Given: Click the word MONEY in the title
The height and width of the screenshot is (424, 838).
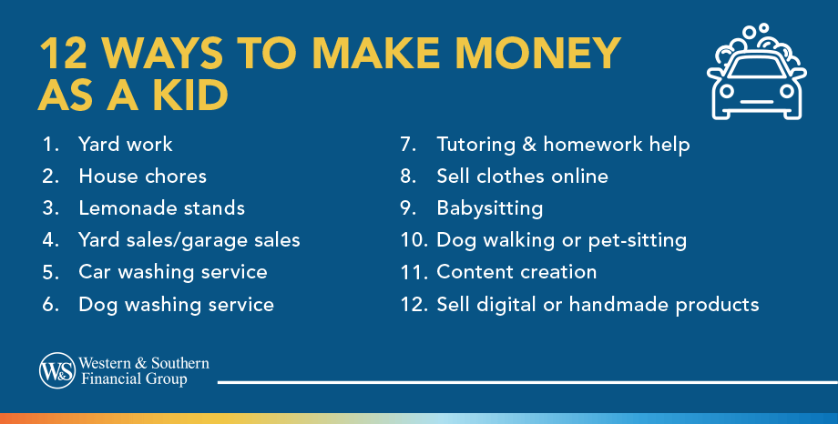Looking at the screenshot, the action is [537, 55].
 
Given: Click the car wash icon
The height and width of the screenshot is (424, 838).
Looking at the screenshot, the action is [756, 72].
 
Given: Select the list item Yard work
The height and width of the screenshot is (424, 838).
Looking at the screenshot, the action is [125, 145].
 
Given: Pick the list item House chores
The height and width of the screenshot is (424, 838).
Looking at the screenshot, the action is [142, 177].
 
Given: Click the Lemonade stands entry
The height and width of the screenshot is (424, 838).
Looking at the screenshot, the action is [161, 208].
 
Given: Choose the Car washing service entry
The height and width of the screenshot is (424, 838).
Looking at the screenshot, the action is [173, 272].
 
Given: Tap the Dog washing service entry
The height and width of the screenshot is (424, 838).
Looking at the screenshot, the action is [176, 305].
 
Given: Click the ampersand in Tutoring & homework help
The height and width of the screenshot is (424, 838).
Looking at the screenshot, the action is [529, 145].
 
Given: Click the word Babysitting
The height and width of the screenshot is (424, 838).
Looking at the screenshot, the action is [489, 208].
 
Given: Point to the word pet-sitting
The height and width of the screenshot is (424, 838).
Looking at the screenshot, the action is [637, 241].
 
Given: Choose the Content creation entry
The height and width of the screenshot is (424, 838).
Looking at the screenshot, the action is [516, 272].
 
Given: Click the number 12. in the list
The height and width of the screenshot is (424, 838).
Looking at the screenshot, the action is [414, 305].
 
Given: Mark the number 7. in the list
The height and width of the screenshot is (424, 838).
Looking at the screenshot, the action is [408, 145].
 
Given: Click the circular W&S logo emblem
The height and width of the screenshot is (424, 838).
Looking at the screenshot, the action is [57, 370].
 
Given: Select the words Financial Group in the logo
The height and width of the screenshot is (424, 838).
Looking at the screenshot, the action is [134, 379].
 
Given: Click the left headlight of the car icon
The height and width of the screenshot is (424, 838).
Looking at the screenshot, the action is [726, 91].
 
